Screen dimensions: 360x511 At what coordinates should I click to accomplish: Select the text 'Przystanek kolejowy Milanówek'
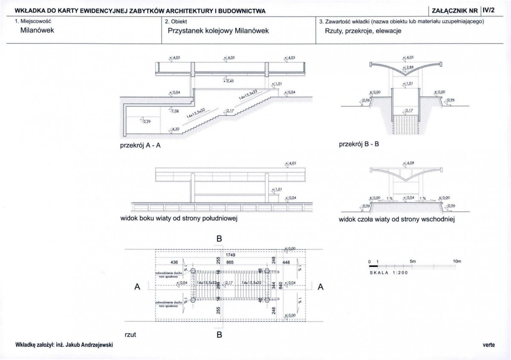(219, 31)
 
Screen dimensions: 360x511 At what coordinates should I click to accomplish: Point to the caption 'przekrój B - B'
(358, 144)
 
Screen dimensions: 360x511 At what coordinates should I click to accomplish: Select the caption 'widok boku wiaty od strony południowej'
(178, 219)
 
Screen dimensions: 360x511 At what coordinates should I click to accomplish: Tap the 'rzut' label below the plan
(130, 335)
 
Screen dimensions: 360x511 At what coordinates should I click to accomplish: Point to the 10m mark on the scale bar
(457, 261)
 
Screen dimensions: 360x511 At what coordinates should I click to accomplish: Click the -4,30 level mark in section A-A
(174, 129)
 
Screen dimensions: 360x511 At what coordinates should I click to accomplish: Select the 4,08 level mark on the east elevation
(410, 163)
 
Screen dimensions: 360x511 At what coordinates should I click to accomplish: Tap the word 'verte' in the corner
(488, 345)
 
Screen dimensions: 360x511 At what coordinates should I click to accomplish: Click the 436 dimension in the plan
(174, 263)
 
